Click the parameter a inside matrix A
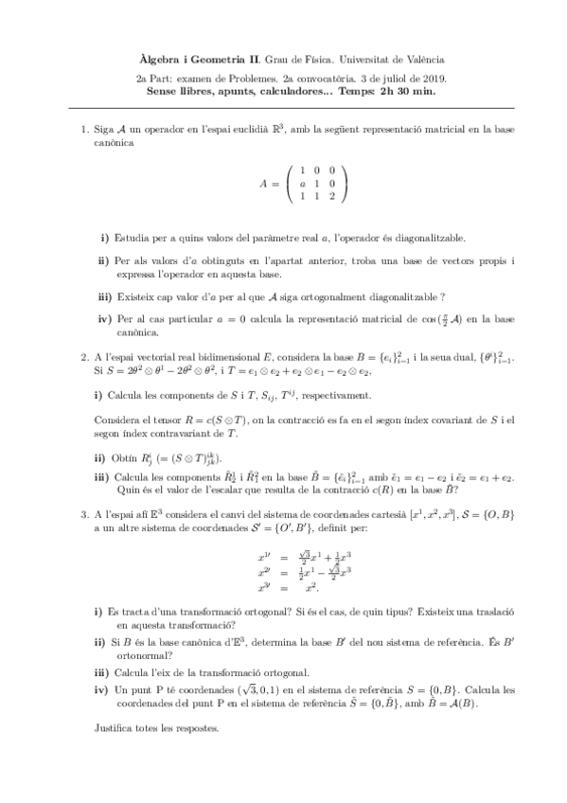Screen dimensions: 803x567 (x=301, y=182)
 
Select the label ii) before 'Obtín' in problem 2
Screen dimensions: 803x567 (x=100, y=455)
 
